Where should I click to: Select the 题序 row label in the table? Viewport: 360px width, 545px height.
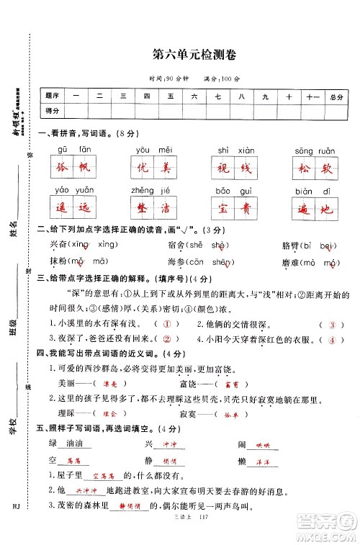coord(53,96)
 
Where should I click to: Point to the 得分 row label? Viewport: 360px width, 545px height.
coord(53,110)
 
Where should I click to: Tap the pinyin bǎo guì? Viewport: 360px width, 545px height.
coord(233,191)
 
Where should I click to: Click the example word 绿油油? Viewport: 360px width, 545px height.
coord(68,445)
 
